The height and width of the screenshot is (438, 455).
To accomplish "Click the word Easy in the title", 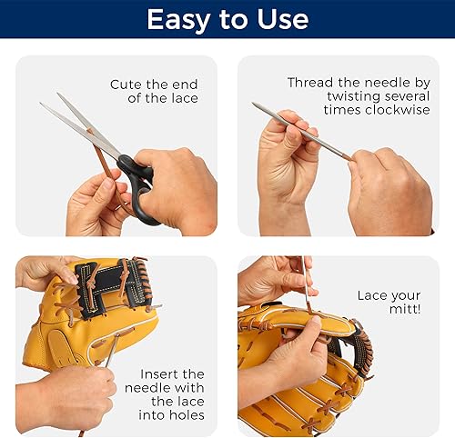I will (177, 19).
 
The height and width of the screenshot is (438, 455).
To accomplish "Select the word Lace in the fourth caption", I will (374, 295).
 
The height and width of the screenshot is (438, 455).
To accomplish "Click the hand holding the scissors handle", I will (182, 186).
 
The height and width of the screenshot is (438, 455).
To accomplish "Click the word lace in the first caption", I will (181, 98).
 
